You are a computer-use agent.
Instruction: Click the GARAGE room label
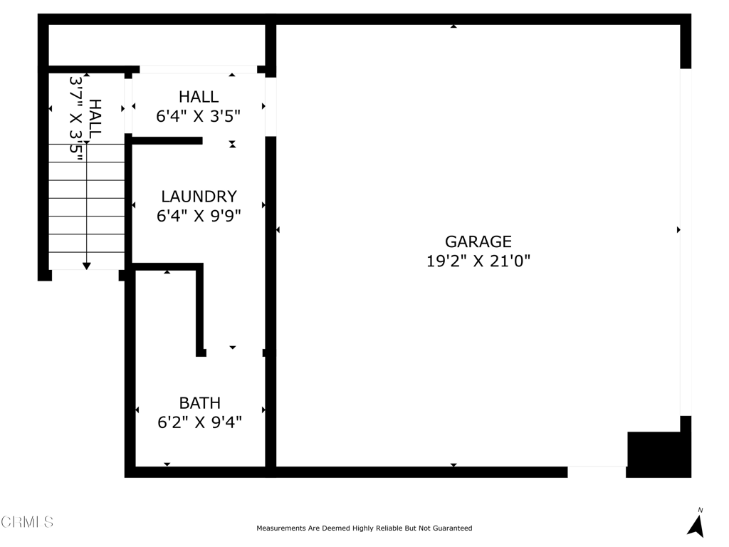tap(478, 241)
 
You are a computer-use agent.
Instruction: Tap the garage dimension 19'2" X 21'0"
tap(478, 261)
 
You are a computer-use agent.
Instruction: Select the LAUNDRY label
tap(199, 197)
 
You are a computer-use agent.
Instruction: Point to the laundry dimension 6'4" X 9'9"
tap(199, 216)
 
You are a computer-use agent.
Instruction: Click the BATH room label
tap(199, 403)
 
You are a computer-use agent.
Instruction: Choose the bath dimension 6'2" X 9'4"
tap(199, 422)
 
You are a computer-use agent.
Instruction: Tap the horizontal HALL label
tap(199, 97)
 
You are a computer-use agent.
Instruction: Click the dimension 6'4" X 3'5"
tap(199, 115)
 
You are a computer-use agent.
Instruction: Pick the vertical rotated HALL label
tap(95, 118)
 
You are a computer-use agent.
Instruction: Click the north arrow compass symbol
tap(696, 524)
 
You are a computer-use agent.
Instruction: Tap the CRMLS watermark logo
tap(27, 522)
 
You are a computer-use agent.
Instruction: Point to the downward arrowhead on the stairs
tap(86, 266)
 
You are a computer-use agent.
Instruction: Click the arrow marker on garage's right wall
tap(678, 229)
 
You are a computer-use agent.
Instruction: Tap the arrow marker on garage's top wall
tap(453, 26)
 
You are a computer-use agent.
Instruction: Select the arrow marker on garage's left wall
tap(278, 229)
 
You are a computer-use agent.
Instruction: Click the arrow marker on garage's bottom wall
tap(453, 465)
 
